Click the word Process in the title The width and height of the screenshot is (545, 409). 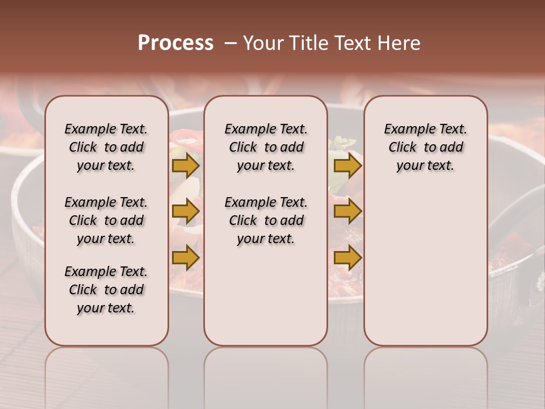click(175, 43)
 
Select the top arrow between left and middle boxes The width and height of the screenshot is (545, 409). click(185, 165)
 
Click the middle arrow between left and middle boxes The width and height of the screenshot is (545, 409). click(185, 211)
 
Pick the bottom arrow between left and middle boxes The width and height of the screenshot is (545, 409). click(185, 258)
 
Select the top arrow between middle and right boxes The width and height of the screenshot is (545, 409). click(347, 165)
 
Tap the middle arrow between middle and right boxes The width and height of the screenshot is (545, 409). click(347, 211)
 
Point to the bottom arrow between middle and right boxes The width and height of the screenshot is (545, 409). click(347, 258)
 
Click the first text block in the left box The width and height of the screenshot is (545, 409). click(106, 147)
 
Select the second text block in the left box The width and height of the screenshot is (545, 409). click(106, 220)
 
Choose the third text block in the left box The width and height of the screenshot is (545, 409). click(106, 290)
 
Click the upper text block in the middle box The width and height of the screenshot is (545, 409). click(266, 147)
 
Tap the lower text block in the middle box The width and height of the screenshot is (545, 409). click(266, 220)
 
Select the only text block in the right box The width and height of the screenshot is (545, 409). click(425, 147)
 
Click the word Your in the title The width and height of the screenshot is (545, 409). click(264, 43)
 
